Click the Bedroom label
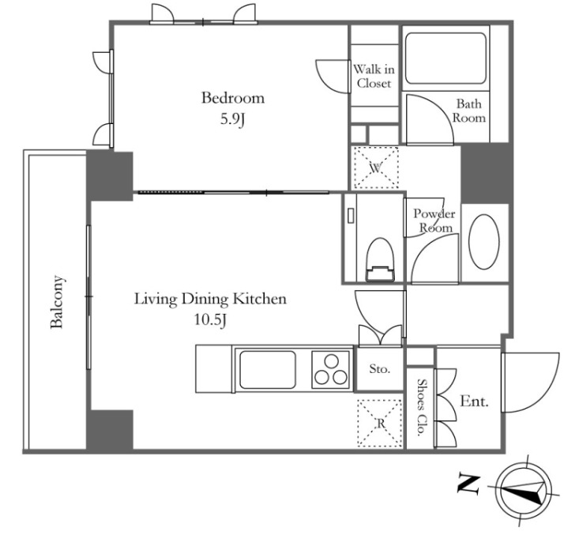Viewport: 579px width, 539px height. (x=233, y=98)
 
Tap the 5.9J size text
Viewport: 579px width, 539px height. (x=233, y=119)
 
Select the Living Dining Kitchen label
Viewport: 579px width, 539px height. (x=210, y=299)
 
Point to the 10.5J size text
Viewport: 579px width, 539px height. (x=210, y=320)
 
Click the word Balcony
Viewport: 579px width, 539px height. (x=57, y=302)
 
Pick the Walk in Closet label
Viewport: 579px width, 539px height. (x=374, y=76)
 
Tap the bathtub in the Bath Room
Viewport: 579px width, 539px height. (x=446, y=58)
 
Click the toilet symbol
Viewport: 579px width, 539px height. (x=380, y=259)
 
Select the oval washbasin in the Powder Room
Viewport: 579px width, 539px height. (x=483, y=242)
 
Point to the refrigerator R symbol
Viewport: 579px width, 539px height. (x=380, y=423)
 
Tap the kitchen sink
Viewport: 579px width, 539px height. (x=268, y=369)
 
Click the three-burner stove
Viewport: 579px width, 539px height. (x=331, y=369)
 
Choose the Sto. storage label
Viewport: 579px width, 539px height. (x=380, y=369)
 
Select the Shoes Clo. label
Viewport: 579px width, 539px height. (x=421, y=408)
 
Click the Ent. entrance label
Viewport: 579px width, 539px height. (x=474, y=401)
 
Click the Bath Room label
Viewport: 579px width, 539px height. (x=469, y=111)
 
